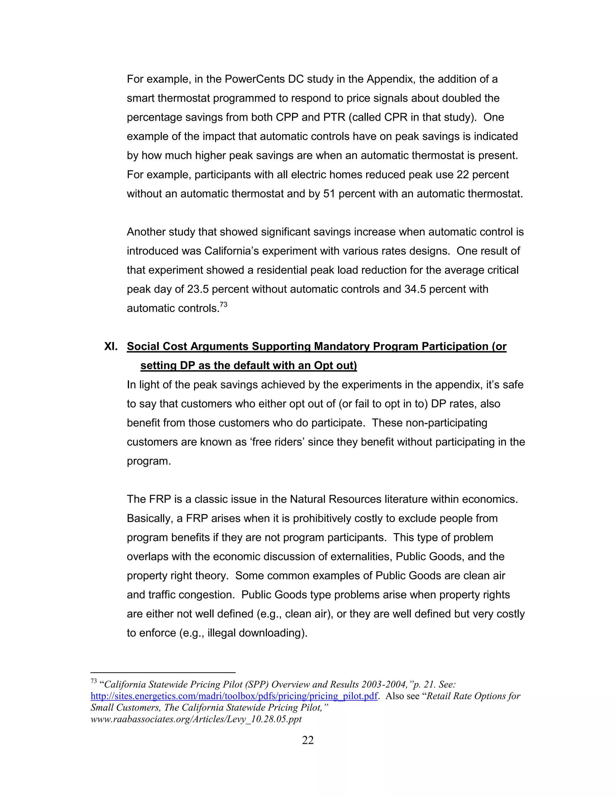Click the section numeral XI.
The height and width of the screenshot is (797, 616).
[111, 346]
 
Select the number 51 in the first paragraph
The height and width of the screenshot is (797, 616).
[329, 194]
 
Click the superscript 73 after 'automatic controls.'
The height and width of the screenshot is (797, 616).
[223, 305]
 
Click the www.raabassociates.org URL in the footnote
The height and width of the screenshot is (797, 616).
[196, 719]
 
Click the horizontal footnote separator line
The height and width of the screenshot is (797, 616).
[163, 672]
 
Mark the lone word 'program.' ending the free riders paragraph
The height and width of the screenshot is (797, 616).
[149, 461]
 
